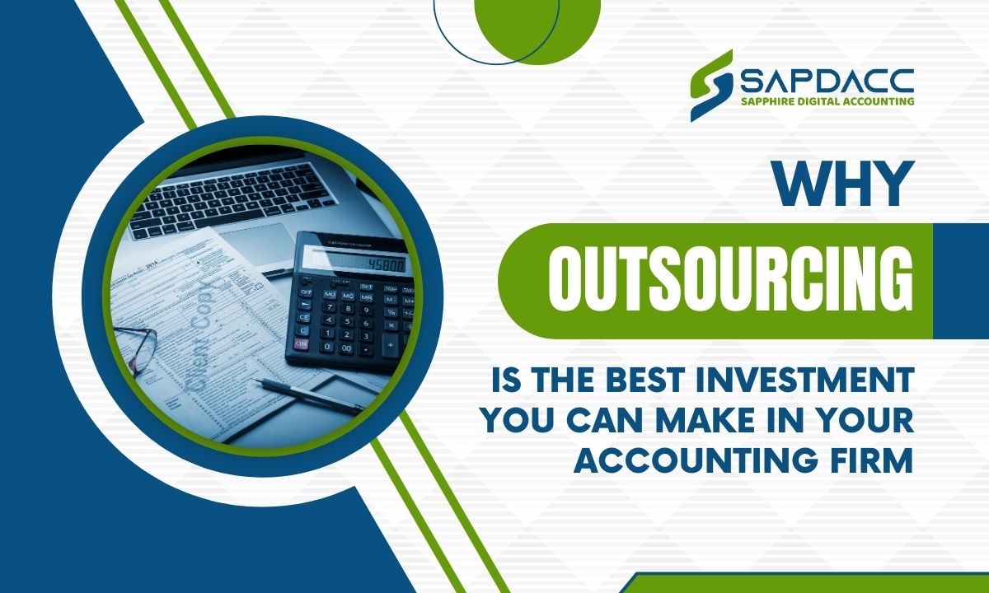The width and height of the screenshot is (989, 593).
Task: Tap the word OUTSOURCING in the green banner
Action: [730, 281]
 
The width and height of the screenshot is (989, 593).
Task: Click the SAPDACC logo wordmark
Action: [827, 82]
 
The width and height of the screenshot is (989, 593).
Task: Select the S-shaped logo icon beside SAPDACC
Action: [711, 86]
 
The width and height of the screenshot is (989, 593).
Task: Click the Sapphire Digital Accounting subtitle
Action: [827, 101]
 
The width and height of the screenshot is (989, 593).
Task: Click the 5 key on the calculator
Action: [347, 321]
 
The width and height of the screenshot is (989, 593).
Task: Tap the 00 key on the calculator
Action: [347, 348]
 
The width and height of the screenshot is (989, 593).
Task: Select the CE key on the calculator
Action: [304, 317]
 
